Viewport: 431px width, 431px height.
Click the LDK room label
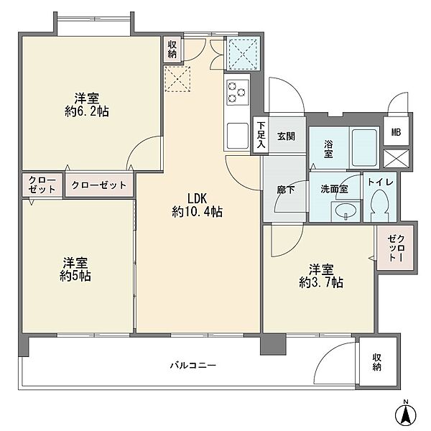coord(197,198)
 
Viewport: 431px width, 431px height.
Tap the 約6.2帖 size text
coord(87,111)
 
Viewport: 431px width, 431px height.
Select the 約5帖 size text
coord(75,276)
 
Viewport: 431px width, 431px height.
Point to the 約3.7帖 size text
coord(321,282)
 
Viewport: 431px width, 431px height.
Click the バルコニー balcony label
coord(193,366)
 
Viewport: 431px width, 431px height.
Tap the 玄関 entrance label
coord(286,136)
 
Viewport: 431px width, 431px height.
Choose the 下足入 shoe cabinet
coord(261,135)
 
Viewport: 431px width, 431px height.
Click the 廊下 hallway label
coord(286,190)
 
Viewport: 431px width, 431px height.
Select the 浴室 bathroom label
coord(328,149)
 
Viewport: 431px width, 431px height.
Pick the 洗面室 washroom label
coord(334,189)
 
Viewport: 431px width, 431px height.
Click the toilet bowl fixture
coord(379,205)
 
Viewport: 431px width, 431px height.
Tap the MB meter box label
coord(396,132)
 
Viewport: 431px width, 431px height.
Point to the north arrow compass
coord(406,414)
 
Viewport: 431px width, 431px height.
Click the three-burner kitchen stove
coord(238,93)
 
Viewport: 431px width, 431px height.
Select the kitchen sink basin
coord(238,135)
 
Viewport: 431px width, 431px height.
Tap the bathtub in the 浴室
coord(364,148)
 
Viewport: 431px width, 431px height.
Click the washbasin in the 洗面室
coord(346,211)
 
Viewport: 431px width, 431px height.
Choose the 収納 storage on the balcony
coord(378,362)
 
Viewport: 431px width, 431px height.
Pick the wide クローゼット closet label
coord(99,185)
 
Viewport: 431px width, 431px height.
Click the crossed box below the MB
coord(396,159)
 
